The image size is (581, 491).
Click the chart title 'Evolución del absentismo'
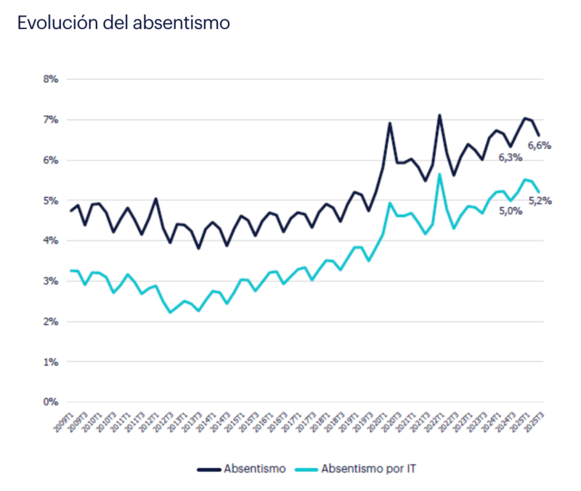click(123, 23)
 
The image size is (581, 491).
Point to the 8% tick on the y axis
click(49, 78)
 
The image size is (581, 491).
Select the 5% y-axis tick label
click(49, 200)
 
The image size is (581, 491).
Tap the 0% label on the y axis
click(49, 401)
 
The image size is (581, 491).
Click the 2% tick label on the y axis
click(49, 320)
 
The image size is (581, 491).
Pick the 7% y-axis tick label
click(49, 119)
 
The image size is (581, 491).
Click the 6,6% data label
click(540, 145)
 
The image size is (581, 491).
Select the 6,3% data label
click(511, 156)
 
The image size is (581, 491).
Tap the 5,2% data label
click(540, 200)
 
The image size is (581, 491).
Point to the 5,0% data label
click(511, 211)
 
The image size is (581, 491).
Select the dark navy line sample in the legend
click(208, 469)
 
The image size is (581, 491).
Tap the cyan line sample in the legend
click(307, 469)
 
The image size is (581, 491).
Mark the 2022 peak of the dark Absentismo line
click(439, 115)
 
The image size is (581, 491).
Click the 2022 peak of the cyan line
click(439, 174)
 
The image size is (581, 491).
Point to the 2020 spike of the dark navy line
click(390, 123)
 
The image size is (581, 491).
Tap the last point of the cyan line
click(539, 192)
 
